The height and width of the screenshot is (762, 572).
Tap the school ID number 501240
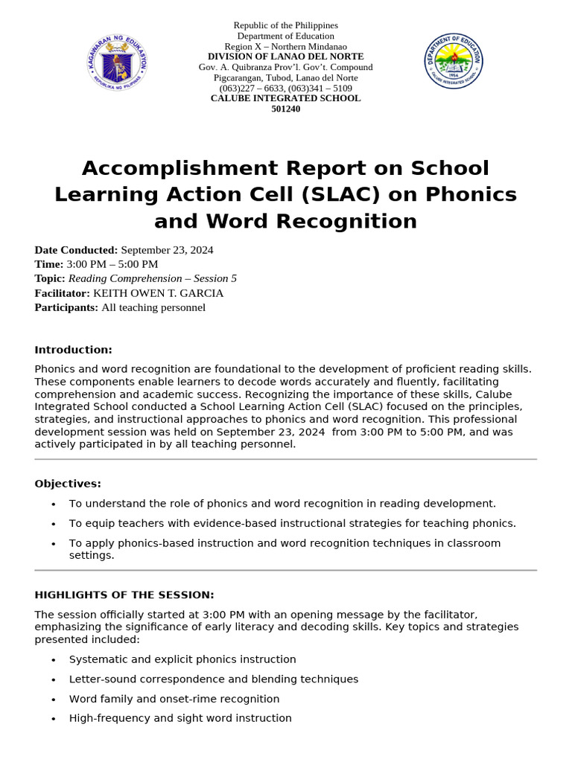click(x=285, y=109)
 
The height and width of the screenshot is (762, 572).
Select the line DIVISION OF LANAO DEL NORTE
click(x=285, y=57)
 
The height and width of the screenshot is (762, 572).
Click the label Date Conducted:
click(x=76, y=250)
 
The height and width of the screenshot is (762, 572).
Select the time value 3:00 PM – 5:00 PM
click(x=112, y=264)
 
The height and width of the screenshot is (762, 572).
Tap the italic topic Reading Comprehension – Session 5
click(x=153, y=278)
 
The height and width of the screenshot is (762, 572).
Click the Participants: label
click(x=66, y=307)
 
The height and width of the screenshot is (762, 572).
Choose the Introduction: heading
click(x=73, y=350)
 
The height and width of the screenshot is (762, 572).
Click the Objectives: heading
click(x=68, y=484)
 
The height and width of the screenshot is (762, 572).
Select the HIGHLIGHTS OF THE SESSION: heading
click(x=124, y=595)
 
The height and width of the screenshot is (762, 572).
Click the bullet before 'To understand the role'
click(x=53, y=505)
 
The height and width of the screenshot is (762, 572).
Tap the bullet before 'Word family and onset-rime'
click(x=53, y=699)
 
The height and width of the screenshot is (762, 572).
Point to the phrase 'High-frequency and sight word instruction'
click(x=180, y=718)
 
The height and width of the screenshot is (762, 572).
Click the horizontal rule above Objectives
click(x=285, y=459)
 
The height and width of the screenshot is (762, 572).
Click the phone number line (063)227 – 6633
click(x=285, y=88)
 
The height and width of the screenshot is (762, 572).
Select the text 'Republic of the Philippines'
click(x=285, y=25)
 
